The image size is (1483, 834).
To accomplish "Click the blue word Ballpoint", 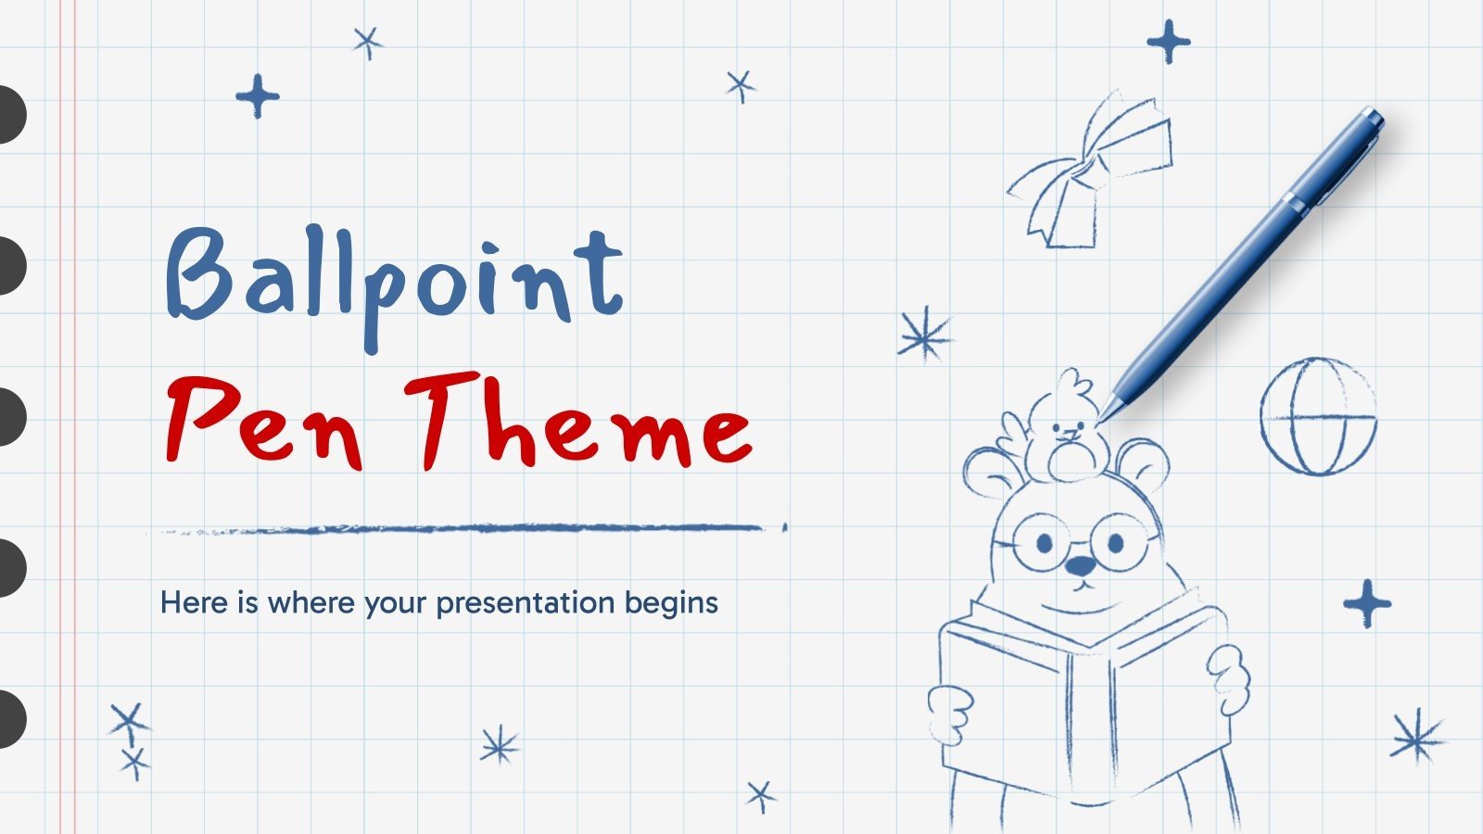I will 394,278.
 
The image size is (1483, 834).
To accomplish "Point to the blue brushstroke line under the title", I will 463,529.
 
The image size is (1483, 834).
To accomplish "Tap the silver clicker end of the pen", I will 1370,118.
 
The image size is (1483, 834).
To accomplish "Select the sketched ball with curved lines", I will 1317,416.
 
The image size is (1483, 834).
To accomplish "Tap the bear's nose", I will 1081,564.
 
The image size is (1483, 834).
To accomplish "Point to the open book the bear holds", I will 1084,704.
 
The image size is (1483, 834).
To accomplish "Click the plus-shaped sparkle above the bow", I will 1168,42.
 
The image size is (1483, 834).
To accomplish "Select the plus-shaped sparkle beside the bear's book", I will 1367,603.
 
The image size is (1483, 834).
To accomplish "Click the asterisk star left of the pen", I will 924,335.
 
